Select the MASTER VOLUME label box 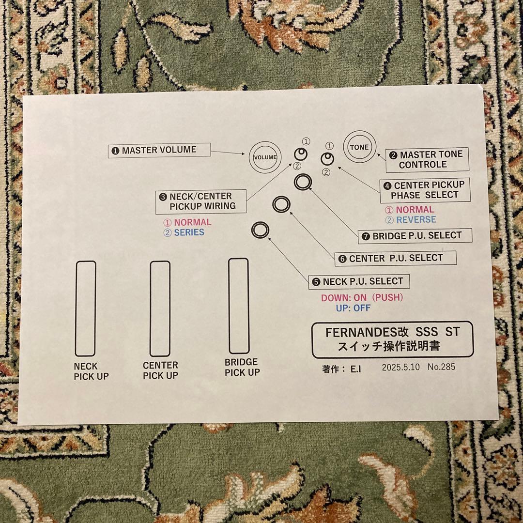(x=159, y=151)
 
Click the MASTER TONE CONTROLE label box (x=427, y=159)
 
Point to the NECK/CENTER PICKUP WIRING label (x=201, y=201)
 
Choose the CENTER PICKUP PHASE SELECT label (x=425, y=190)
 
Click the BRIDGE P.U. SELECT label (x=415, y=236)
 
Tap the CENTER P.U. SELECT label (x=395, y=258)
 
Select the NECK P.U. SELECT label (x=359, y=281)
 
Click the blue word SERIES (x=189, y=232)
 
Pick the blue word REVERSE (x=416, y=219)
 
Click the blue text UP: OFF (x=353, y=308)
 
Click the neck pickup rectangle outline (x=76, y=308)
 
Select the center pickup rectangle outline (x=150, y=308)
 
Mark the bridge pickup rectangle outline (x=229, y=306)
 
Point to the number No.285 (x=441, y=367)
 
